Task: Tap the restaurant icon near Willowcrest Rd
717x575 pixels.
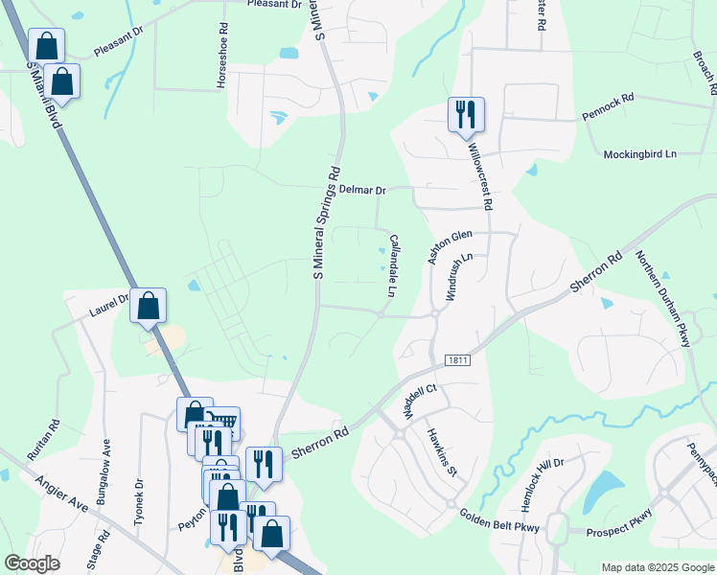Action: point(466,114)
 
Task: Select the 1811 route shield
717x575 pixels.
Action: point(458,359)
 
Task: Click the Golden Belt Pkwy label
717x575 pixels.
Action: point(499,521)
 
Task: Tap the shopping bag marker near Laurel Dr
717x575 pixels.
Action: point(149,306)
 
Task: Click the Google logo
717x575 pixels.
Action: point(32,563)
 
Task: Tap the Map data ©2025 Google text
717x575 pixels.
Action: point(657,567)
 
